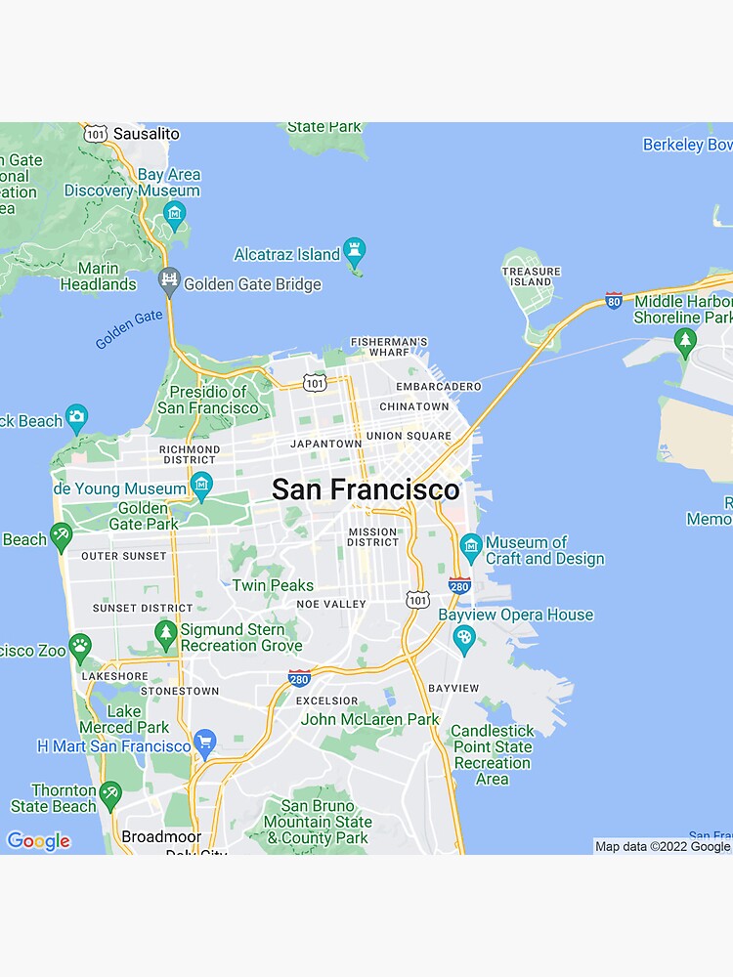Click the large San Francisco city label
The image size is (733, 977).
[x=366, y=489]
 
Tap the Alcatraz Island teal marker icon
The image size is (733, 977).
[x=355, y=252]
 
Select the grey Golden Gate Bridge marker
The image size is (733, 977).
[x=169, y=281]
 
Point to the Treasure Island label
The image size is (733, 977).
[x=532, y=276]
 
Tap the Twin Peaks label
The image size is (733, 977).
[x=273, y=585]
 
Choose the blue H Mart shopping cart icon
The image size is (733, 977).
[x=204, y=743]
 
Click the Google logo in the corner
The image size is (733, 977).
[x=38, y=841]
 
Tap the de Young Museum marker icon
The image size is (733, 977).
[x=201, y=484]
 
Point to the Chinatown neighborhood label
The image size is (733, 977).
[x=414, y=406]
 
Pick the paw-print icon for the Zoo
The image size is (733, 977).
[x=80, y=646]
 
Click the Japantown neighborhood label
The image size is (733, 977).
[x=325, y=444]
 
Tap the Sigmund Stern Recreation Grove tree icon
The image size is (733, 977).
[x=165, y=634]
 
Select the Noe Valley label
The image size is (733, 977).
[x=331, y=605]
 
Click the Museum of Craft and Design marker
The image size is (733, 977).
[x=470, y=546]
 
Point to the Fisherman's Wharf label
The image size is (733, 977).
[x=389, y=346]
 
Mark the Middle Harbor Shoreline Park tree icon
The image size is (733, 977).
[x=686, y=342]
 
